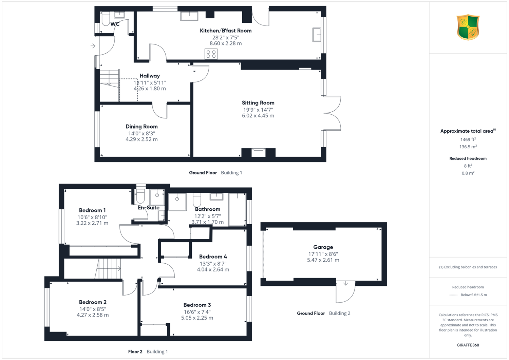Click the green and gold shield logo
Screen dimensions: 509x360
468,27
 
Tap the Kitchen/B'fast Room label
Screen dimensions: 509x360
226,31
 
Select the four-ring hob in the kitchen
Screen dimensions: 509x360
211,54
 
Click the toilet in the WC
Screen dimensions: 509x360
106,19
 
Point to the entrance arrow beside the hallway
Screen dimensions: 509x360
93,46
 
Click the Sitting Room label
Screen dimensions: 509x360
258,103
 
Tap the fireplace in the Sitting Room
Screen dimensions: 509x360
258,152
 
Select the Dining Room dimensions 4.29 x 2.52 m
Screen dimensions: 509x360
142,139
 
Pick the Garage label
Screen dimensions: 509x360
323,247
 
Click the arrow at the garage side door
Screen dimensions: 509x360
346,283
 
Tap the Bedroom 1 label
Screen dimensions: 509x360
92,210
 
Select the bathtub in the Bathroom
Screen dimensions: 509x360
238,210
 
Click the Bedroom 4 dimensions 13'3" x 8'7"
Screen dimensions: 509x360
213,264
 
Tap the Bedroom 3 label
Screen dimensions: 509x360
197,305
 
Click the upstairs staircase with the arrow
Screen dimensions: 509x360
108,269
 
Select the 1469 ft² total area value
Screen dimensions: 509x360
468,139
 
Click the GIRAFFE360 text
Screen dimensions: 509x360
468,345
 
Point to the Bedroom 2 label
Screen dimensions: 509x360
93,302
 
